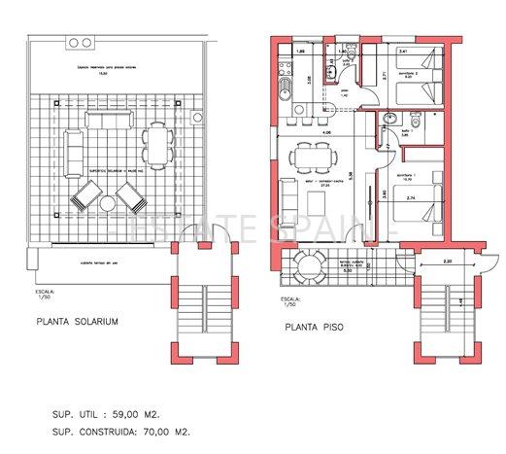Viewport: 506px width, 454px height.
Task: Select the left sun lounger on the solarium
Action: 84,202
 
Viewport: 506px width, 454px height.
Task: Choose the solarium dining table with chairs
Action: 155,146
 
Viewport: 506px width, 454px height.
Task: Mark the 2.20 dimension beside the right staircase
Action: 447,262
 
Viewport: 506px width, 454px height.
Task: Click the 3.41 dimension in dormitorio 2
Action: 402,50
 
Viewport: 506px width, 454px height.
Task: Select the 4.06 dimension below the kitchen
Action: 326,131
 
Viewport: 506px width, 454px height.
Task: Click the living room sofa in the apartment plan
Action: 287,201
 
